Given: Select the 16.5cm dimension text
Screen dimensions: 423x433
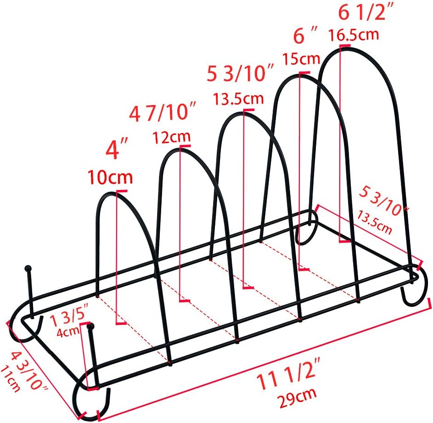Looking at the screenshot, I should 354,34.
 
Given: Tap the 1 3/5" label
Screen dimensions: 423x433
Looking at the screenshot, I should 69,318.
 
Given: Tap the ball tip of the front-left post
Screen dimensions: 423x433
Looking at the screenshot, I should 90,327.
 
